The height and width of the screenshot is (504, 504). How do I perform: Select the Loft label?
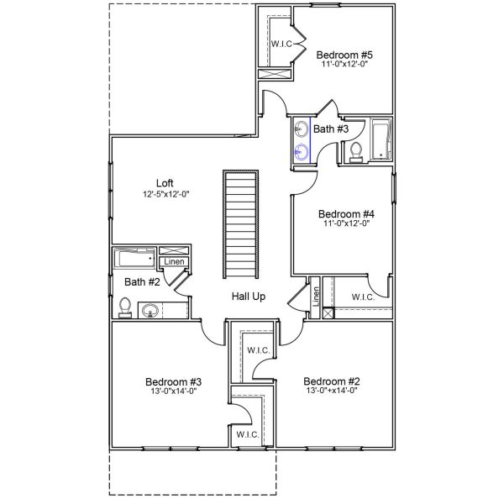[x=165, y=183]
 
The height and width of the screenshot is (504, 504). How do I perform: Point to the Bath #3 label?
[x=331, y=129]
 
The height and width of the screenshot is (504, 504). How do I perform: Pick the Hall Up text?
[x=249, y=297]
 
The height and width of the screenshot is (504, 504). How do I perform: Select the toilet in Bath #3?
[x=355, y=151]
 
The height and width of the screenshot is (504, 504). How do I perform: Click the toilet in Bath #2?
[x=125, y=307]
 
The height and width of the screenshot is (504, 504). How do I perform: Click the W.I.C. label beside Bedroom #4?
[x=363, y=297]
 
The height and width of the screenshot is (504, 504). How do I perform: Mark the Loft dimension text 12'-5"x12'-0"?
[x=165, y=194]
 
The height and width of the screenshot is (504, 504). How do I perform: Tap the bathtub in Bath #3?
[x=381, y=140]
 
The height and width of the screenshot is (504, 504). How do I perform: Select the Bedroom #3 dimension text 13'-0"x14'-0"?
[x=173, y=391]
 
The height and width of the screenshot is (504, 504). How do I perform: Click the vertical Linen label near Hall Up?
[x=316, y=295]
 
